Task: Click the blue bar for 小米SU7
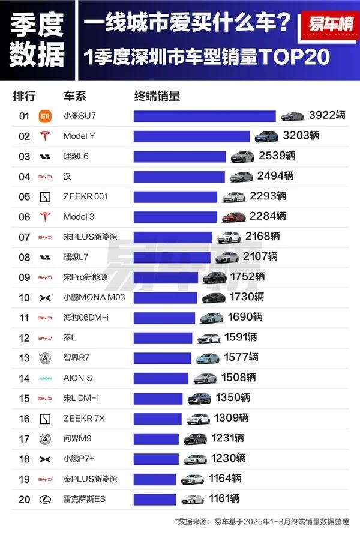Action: coord(204,116)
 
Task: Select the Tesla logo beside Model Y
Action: coord(44,136)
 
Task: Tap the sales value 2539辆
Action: coord(277,156)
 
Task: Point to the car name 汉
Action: coord(67,177)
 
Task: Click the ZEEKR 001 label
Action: coord(85,196)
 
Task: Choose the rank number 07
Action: coord(24,237)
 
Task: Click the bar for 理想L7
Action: coord(172,257)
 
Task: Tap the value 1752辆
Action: coord(247,277)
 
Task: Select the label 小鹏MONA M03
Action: coord(94,297)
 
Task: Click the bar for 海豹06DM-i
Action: coord(164,318)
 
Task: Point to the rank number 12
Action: coord(24,337)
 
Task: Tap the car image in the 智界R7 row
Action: coord(207,358)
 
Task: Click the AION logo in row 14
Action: coord(44,378)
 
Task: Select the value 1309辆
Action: coord(232,419)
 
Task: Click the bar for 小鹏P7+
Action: coord(155,459)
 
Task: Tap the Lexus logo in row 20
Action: coord(44,499)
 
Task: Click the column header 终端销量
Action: coord(157,96)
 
